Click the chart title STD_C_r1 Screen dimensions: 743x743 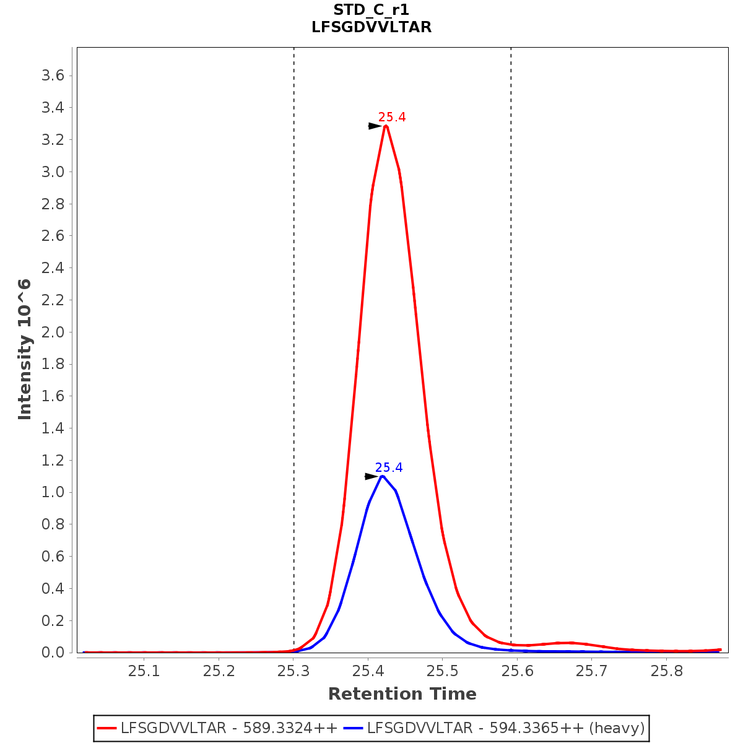coord(371,10)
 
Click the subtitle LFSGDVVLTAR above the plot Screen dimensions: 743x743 coord(371,27)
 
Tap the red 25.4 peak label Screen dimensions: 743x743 coord(392,117)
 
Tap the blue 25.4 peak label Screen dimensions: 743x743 coord(389,467)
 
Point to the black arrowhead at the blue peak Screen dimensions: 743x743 coord(371,476)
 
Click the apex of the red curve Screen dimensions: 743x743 coord(386,126)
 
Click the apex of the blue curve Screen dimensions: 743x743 coord(383,476)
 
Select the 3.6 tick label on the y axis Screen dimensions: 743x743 coord(53,76)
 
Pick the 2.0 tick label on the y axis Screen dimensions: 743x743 coord(53,332)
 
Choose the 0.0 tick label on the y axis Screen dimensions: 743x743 coord(53,652)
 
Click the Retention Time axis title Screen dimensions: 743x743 coord(402,694)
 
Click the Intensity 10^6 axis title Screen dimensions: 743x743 coord(25,349)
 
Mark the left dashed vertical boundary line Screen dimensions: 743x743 coord(294,310)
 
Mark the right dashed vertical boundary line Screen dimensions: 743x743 coord(511,310)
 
